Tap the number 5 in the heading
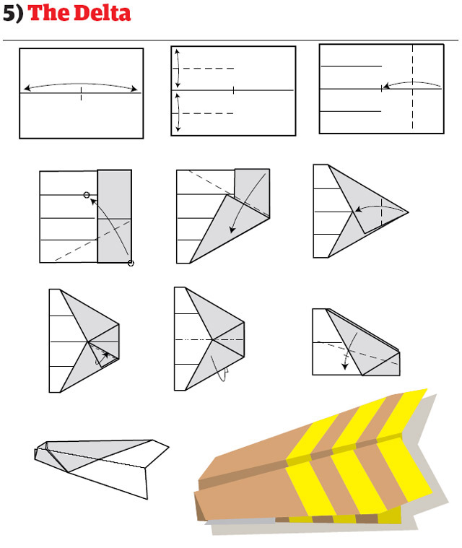tap(9, 13)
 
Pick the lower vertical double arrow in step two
tap(177, 113)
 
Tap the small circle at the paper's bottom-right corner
tap(131, 263)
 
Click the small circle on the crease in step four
tap(87, 195)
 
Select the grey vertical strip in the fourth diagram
tap(114, 216)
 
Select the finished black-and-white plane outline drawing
tap(101, 466)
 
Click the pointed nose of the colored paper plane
tap(199, 498)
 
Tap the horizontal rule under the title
tap(231, 40)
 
